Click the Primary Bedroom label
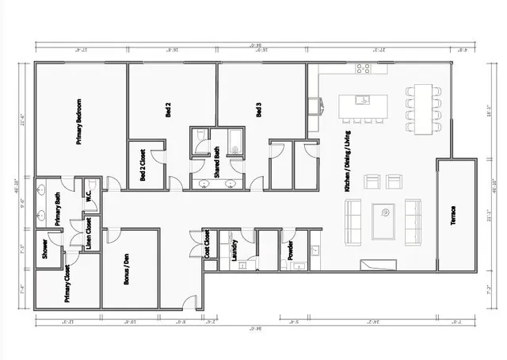(x=80, y=121)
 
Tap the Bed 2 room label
(x=168, y=109)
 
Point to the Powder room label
(x=291, y=251)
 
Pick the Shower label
(x=44, y=247)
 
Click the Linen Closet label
(x=88, y=232)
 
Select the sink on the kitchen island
(x=361, y=100)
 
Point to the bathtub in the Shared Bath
(x=234, y=141)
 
